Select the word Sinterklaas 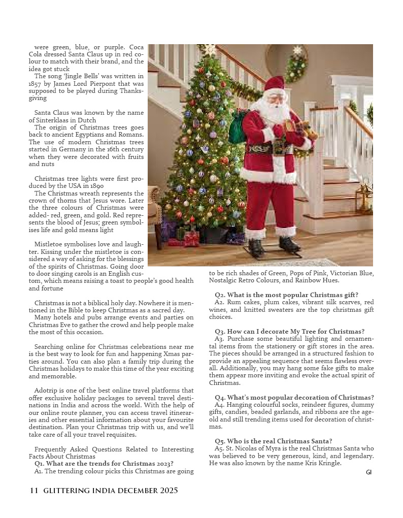[x=57, y=120]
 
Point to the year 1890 [x=96, y=186]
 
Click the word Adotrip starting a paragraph [x=45, y=391]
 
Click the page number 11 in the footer [x=34, y=491]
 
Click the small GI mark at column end [x=369, y=472]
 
